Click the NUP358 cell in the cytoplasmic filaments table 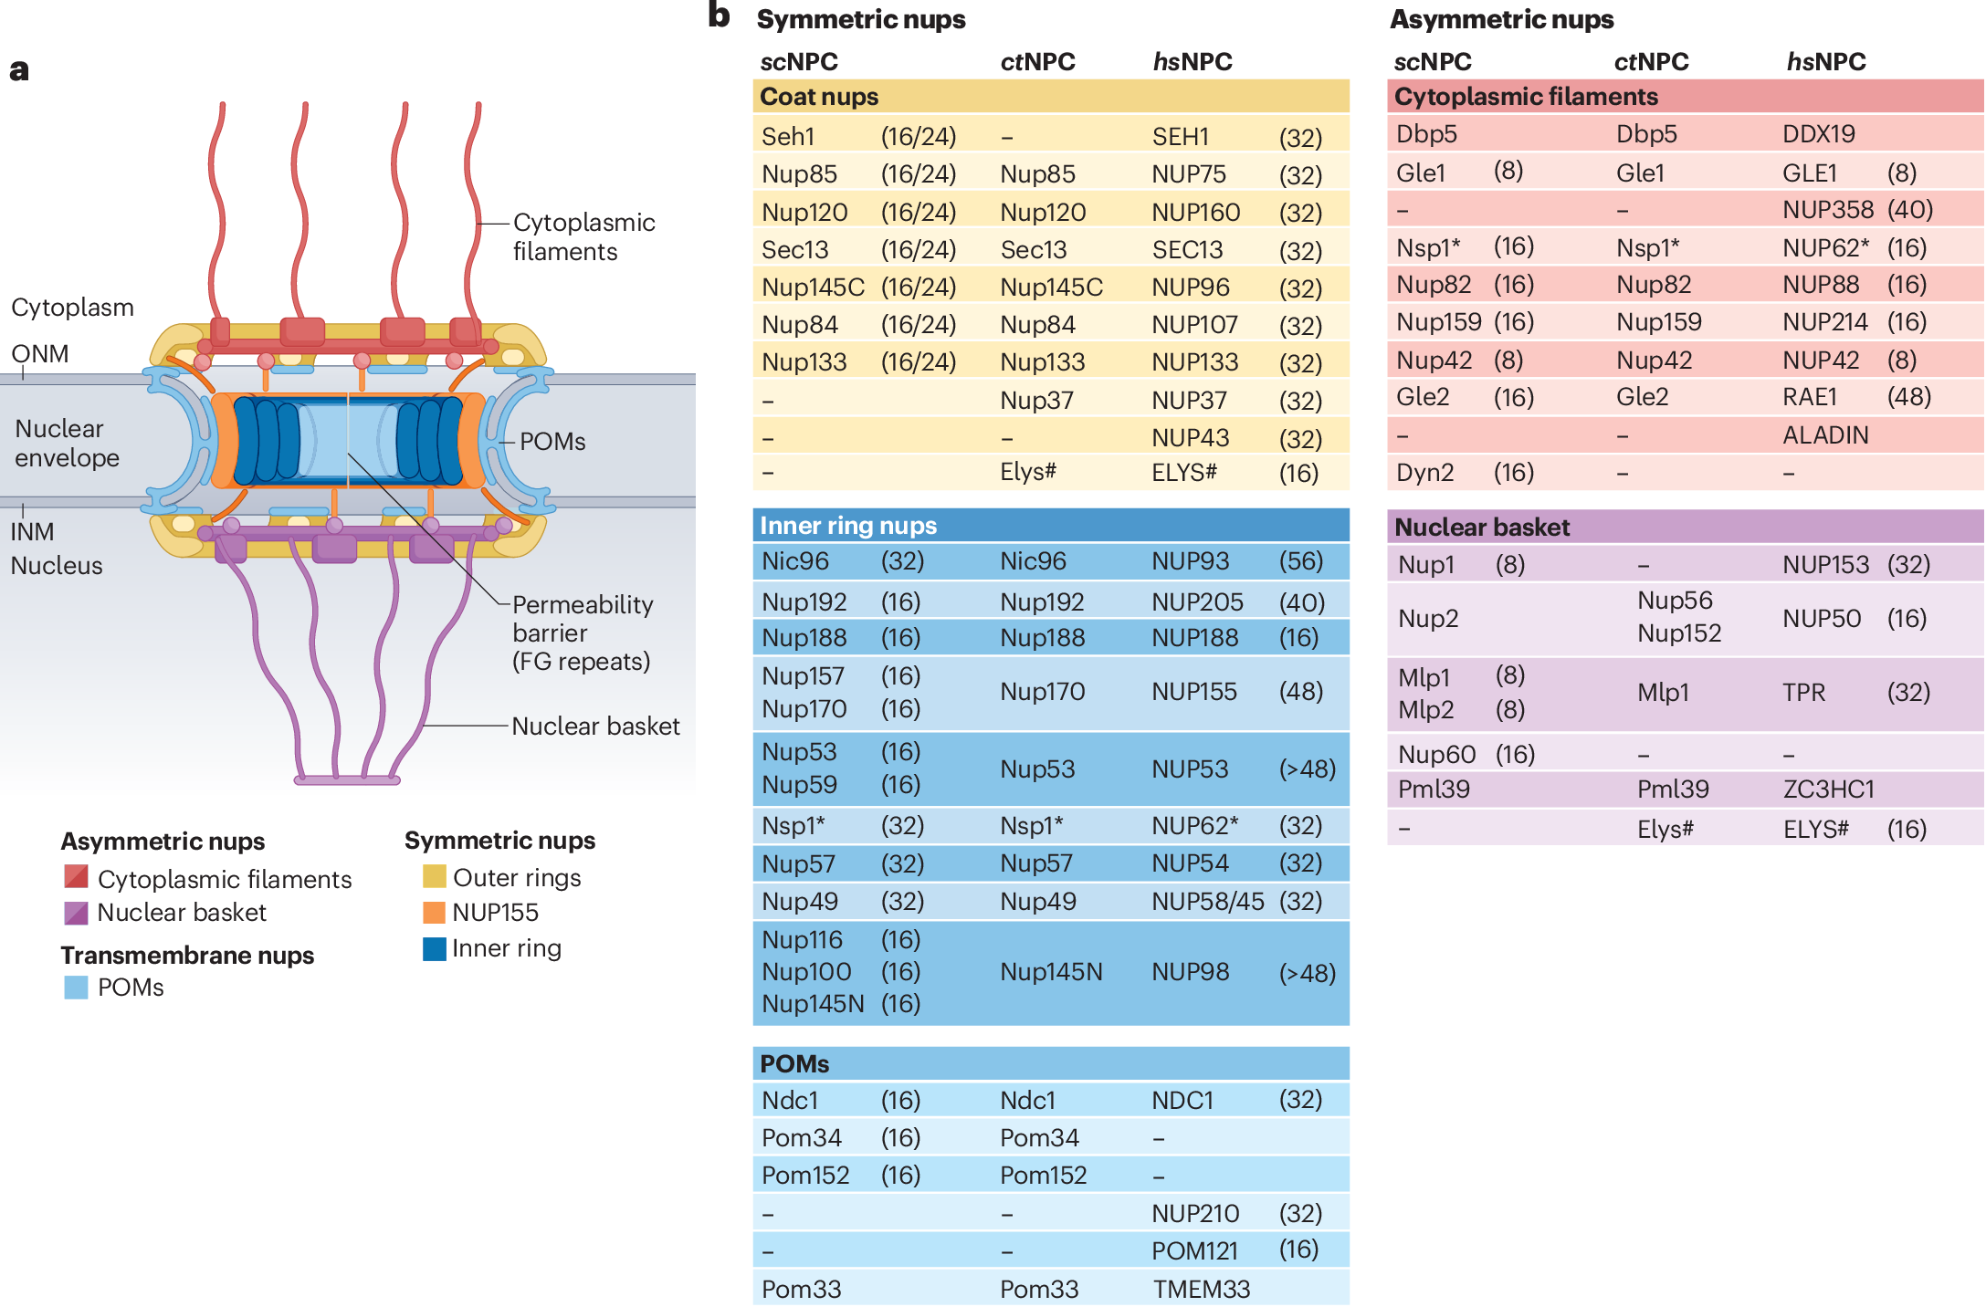(x=1827, y=210)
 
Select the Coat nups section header (x=819, y=97)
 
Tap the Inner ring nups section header (x=848, y=526)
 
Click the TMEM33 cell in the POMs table (x=1201, y=1289)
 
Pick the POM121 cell (x=1194, y=1250)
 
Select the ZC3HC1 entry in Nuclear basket (x=1828, y=789)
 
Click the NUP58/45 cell (x=1207, y=902)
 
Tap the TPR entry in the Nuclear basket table (x=1803, y=693)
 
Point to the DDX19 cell (x=1819, y=134)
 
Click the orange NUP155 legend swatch (x=434, y=913)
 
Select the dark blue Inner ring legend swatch (x=434, y=949)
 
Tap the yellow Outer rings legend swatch (x=434, y=877)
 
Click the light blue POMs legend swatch (x=76, y=988)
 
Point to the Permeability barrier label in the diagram (x=582, y=633)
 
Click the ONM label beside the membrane (x=40, y=353)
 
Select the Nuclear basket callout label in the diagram (x=595, y=727)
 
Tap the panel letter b (x=720, y=16)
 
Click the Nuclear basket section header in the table (x=1482, y=528)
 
